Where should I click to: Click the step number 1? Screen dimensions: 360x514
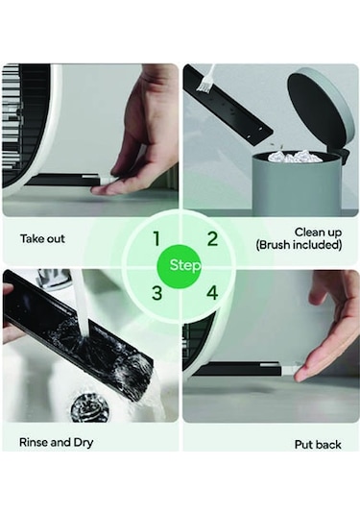pos(156,238)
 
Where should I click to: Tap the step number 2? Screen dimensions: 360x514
pos(212,238)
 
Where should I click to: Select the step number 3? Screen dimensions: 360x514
pos(157,293)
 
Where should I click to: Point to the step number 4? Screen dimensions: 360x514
pos(212,293)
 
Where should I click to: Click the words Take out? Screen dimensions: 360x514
pos(42,238)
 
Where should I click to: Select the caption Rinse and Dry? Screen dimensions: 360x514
pos(57,443)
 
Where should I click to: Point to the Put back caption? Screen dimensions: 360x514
pos(318,445)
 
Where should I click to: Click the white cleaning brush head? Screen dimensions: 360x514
pos(204,85)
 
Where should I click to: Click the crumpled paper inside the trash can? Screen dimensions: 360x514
pos(294,157)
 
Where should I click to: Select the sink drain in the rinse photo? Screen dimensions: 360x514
pos(89,406)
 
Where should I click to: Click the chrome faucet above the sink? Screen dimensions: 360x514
pos(56,280)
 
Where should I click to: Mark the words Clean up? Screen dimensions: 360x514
pos(318,233)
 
